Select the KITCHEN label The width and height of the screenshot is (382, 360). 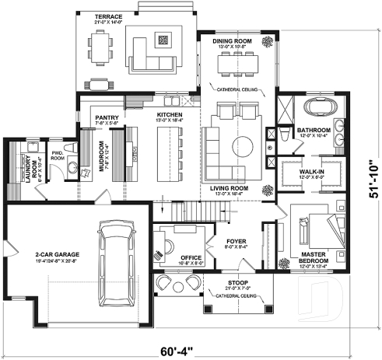point(170,113)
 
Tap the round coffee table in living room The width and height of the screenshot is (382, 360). point(244,145)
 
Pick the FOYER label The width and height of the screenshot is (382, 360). point(237,241)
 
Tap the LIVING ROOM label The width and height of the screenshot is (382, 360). point(230,188)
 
